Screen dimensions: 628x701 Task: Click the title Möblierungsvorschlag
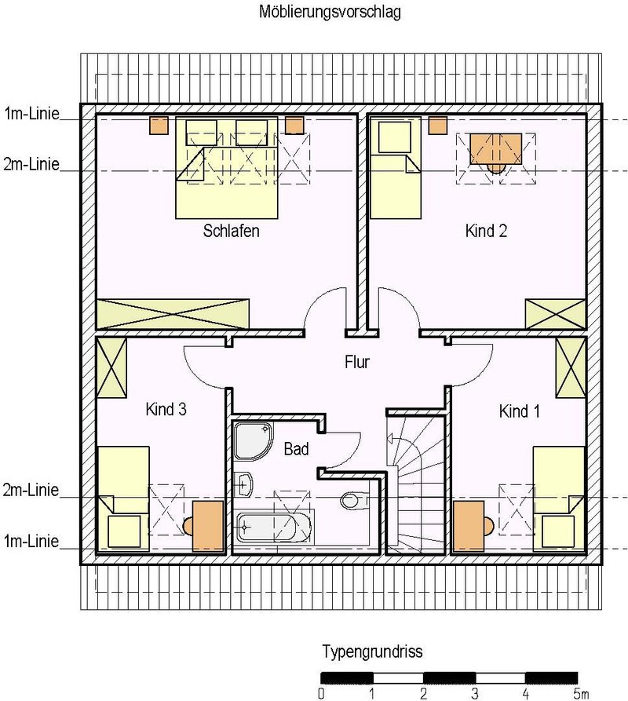[x=330, y=12]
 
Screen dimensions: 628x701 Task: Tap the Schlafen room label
[x=231, y=231]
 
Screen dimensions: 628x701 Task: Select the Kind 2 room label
[x=486, y=231]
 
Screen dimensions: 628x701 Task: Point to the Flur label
[x=357, y=362]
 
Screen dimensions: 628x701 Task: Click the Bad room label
[x=297, y=449]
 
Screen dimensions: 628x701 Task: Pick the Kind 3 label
[x=166, y=409]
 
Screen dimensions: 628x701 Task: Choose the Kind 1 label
[x=520, y=411]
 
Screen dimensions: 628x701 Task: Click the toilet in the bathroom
[x=353, y=500]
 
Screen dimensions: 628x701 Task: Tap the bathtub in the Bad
[x=273, y=528]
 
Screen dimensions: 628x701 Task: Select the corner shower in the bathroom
[x=253, y=440]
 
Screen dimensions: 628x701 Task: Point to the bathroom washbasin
[x=243, y=484]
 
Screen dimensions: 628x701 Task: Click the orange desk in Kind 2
[x=495, y=149]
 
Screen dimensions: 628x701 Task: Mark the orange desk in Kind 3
[x=208, y=526]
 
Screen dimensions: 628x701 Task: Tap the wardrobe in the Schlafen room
[x=173, y=314]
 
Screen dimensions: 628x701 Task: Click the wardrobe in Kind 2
[x=555, y=314]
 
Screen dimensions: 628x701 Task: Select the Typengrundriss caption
[x=372, y=652]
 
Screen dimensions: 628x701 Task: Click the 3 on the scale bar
[x=475, y=694]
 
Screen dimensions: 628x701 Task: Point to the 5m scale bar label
[x=581, y=694]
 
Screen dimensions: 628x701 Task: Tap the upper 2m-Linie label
[x=31, y=165]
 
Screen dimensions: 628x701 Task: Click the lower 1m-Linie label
[x=31, y=542]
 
